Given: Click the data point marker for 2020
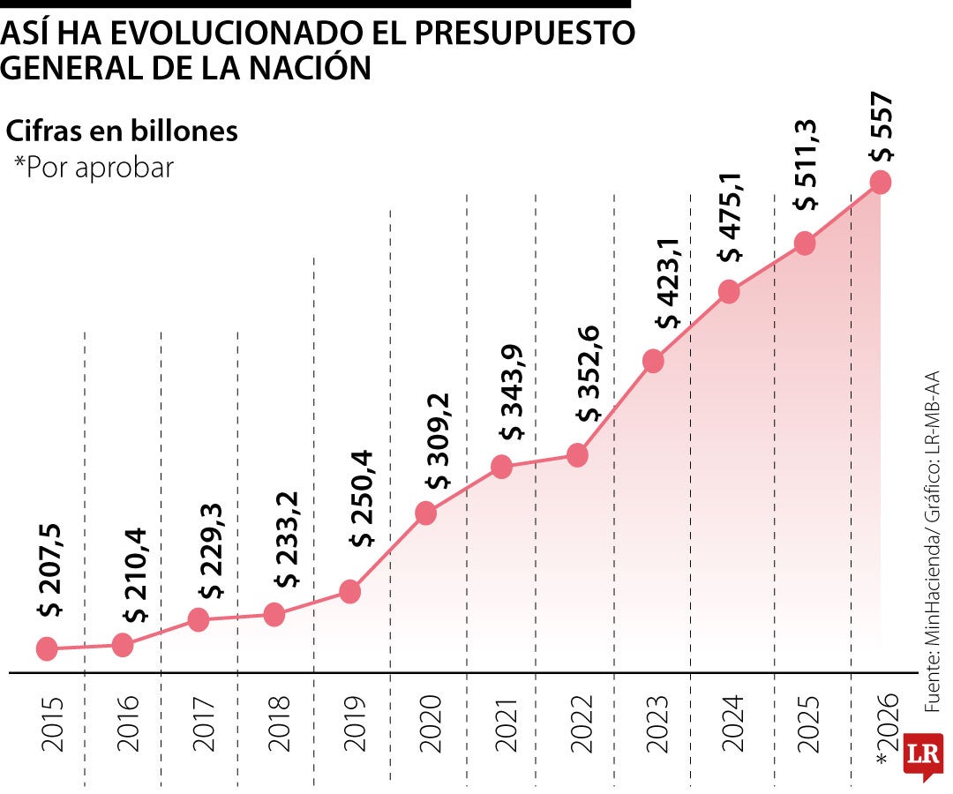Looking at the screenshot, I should (425, 513).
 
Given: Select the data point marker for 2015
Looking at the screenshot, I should (48, 649).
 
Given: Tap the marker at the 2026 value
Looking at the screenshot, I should (880, 182).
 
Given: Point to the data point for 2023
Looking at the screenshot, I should (653, 361).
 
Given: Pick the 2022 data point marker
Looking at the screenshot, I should (578, 455).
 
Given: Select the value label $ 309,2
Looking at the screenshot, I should (438, 442).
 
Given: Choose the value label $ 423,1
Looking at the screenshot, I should (668, 283).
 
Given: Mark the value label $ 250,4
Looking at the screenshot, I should (363, 498).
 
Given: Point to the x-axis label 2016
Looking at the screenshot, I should (128, 723).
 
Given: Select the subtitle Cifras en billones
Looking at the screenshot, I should (122, 131).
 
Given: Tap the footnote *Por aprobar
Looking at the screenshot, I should (94, 168).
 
